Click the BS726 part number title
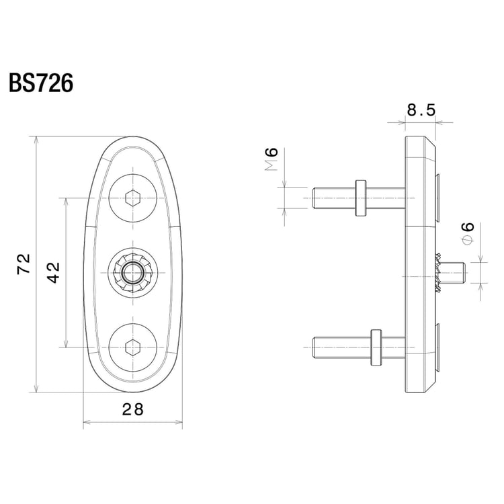click(40, 83)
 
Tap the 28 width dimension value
click(133, 409)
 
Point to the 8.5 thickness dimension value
click(421, 110)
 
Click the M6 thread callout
click(272, 160)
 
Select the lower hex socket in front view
click(132, 347)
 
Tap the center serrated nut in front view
click(132, 272)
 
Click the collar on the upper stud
click(360, 198)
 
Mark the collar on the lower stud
click(376, 347)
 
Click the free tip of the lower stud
click(315, 347)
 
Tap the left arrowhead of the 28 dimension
click(86, 424)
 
